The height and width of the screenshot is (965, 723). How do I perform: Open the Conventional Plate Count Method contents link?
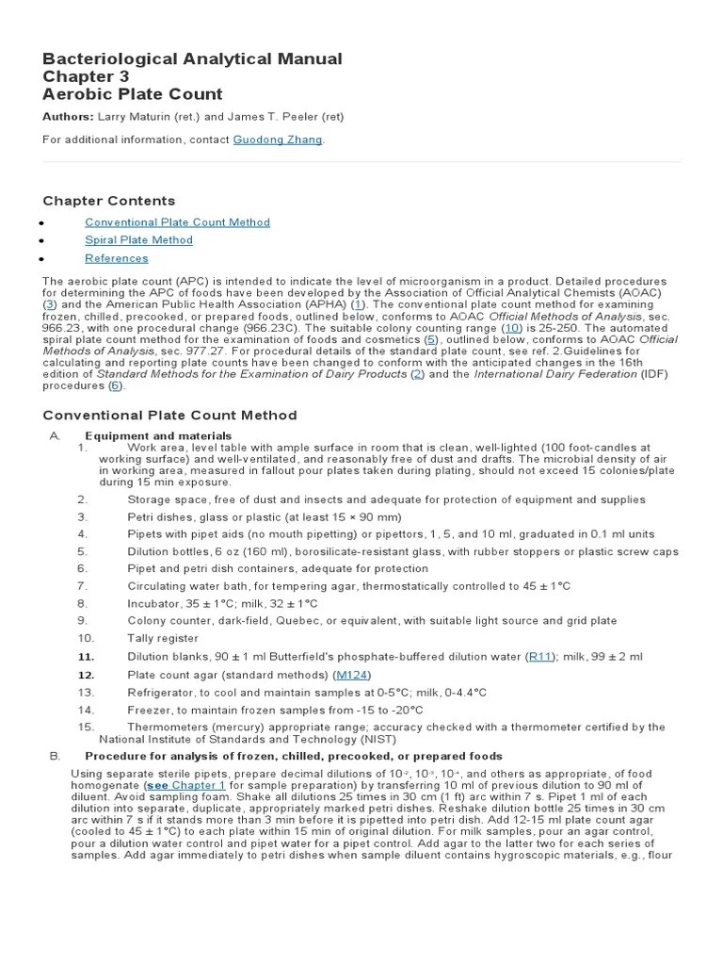177,222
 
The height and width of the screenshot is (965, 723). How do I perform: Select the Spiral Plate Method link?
138,240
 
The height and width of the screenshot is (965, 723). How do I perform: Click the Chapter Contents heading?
109,201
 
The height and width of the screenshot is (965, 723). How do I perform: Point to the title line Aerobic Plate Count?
133,93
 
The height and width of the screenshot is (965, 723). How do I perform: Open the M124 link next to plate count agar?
352,675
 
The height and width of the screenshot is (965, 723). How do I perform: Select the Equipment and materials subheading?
145,435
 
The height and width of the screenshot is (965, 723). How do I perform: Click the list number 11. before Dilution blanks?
87,657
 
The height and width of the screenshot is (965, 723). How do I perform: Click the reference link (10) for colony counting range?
513,328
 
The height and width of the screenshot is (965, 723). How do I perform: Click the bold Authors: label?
69,117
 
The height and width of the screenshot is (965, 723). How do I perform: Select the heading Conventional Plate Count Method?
169,415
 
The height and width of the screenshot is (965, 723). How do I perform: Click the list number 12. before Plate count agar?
87,675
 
